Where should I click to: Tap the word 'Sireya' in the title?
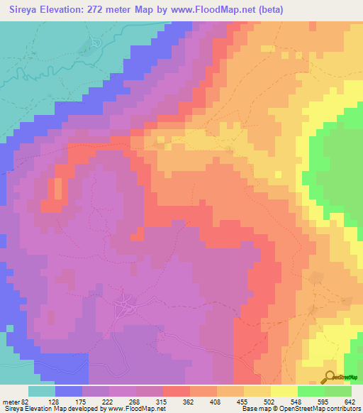click(x=26, y=10)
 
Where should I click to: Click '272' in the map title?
click(x=111, y=10)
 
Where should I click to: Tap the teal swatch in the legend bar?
click(x=42, y=391)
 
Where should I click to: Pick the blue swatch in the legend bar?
click(x=69, y=391)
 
